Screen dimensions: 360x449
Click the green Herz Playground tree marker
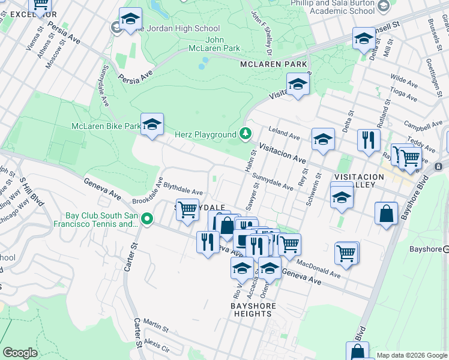tap(245, 133)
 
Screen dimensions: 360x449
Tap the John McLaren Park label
tap(214, 44)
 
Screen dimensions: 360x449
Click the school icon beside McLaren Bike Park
tap(152, 124)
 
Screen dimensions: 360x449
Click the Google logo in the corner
tap(20, 353)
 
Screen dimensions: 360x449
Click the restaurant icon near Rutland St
tap(368, 140)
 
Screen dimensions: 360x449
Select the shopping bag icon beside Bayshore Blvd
tap(386, 214)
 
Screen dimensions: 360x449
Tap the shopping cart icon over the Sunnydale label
tap(187, 210)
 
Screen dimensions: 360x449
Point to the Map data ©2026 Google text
tap(412, 355)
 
